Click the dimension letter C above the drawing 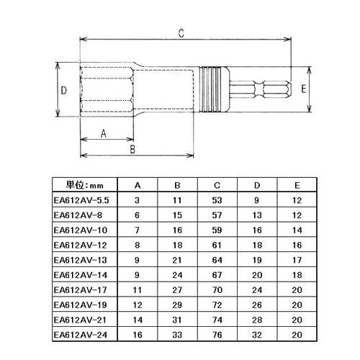click(x=181, y=32)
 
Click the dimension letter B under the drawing click(x=132, y=149)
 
